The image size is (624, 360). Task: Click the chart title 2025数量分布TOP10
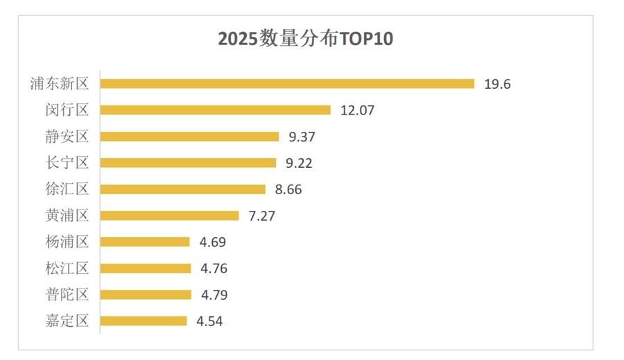click(x=305, y=38)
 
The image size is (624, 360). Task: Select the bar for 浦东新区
click(x=287, y=84)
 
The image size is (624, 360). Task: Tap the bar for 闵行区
click(x=215, y=110)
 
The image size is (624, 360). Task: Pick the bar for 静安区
click(x=189, y=137)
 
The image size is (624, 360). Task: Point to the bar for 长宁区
click(x=188, y=163)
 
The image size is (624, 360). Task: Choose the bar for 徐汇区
click(x=182, y=189)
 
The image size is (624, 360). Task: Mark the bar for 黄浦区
click(x=169, y=216)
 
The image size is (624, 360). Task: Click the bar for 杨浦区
click(x=144, y=242)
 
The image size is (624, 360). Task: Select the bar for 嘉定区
click(x=144, y=321)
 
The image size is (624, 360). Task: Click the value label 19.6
click(x=497, y=84)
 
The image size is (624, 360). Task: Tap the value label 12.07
click(x=357, y=110)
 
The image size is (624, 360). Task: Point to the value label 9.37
click(x=302, y=137)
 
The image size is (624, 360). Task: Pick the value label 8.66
click(x=288, y=189)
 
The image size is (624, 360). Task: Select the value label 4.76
click(x=214, y=268)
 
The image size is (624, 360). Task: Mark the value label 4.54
click(x=209, y=321)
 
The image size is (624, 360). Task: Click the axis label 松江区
click(x=67, y=268)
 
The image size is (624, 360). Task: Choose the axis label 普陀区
click(x=67, y=295)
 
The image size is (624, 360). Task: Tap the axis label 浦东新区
click(x=60, y=84)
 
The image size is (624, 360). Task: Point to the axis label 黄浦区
click(x=67, y=216)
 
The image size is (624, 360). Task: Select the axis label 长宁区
click(x=67, y=163)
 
